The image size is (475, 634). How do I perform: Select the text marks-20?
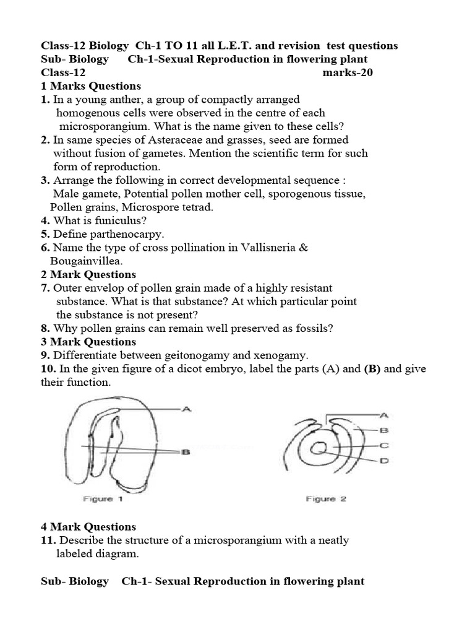click(x=348, y=72)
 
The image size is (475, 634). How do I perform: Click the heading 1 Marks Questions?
click(x=91, y=86)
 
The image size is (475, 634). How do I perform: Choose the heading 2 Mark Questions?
click(x=88, y=274)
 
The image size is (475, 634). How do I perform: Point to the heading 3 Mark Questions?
click(x=88, y=342)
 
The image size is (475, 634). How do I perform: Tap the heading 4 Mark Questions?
click(x=88, y=527)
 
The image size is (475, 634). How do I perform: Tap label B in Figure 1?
click(x=185, y=453)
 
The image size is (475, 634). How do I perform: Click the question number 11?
click(x=49, y=541)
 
